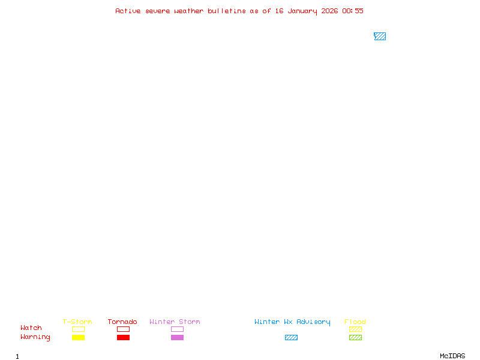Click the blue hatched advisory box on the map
(x=380, y=36)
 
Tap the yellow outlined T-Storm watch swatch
(x=78, y=329)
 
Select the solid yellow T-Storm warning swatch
(x=78, y=337)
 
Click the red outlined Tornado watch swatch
(x=123, y=329)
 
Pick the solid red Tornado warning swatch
(x=123, y=337)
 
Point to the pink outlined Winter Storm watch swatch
(x=177, y=329)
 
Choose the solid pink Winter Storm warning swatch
(x=177, y=337)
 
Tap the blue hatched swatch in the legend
(x=291, y=337)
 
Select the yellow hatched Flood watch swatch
(x=355, y=329)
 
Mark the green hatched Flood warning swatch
(x=355, y=337)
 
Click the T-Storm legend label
(x=77, y=322)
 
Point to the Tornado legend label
(x=122, y=322)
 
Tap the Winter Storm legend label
(x=175, y=322)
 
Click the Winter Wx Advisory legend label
(x=292, y=322)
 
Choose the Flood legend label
(x=355, y=322)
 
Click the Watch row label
(x=31, y=328)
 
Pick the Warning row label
(x=35, y=337)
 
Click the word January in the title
(x=302, y=11)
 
